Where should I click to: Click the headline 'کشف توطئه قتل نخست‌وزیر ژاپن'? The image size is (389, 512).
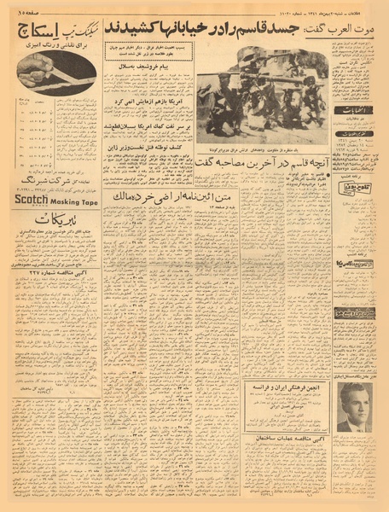click(x=148, y=146)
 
